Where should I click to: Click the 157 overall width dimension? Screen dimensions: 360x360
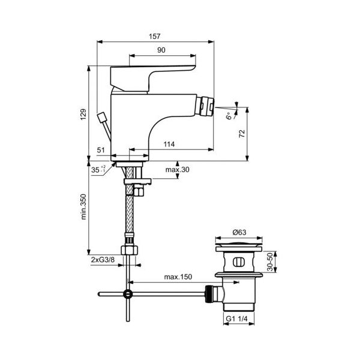[156, 36]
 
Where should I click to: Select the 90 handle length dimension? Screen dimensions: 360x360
[161, 51]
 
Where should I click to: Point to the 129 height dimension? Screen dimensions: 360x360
[84, 114]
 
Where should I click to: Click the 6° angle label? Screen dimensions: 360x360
[229, 115]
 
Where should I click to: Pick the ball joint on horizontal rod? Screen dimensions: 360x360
[127, 295]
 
